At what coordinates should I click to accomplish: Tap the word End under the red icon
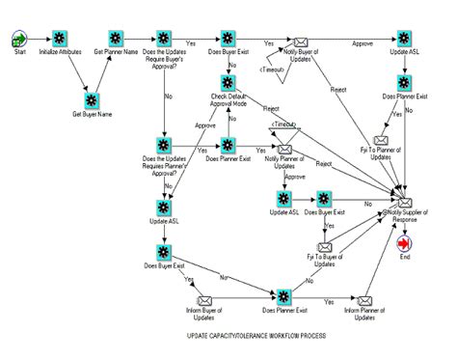(x=404, y=258)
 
